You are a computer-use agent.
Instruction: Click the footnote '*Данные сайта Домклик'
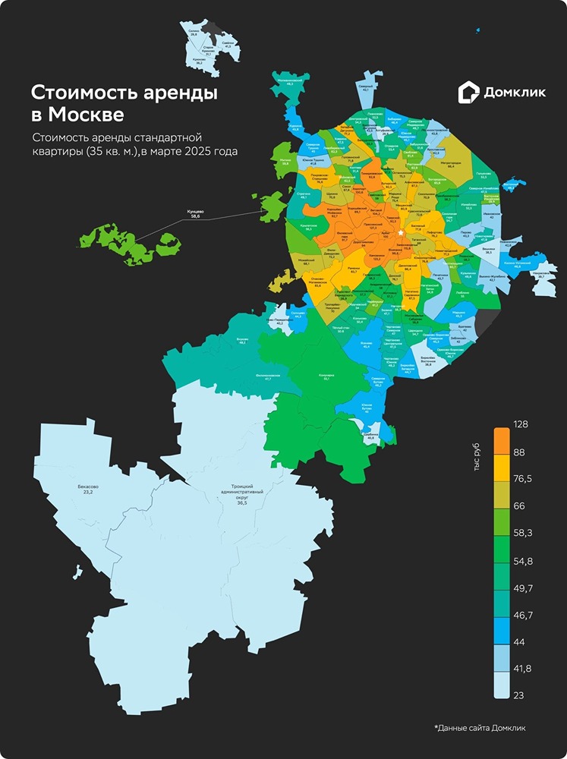point(479,728)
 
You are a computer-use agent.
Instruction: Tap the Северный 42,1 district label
point(367,88)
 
